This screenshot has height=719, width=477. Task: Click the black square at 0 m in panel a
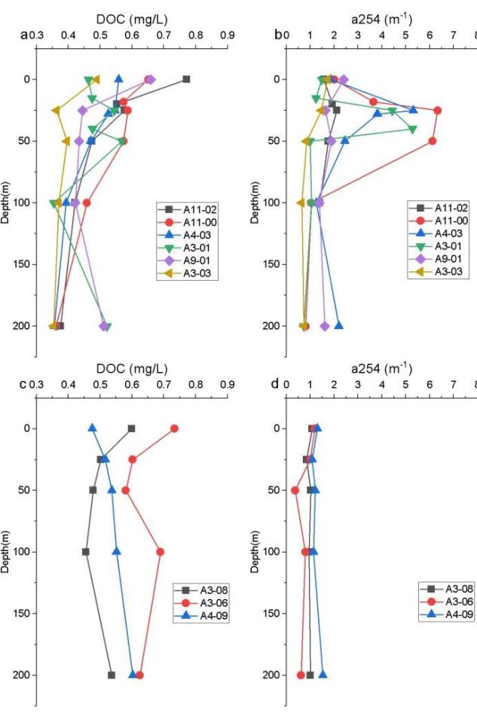coord(186,79)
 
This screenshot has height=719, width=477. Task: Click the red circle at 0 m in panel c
coord(174,428)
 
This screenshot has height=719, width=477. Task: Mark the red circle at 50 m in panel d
coord(295,490)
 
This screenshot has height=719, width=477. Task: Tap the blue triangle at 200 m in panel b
coord(339,325)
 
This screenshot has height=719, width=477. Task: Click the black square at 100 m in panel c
coord(86,552)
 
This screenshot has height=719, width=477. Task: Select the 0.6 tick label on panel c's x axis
coord(133,385)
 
